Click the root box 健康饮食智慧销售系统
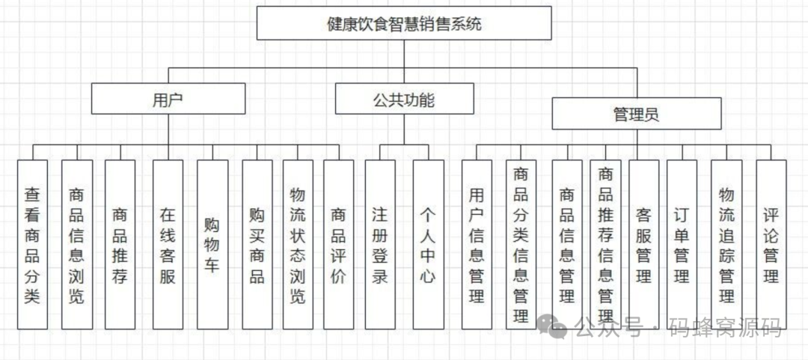click(x=404, y=23)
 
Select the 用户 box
click(x=168, y=98)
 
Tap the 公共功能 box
click(x=404, y=98)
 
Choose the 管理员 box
click(x=636, y=114)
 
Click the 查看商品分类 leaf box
click(x=31, y=245)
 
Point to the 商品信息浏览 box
click(x=76, y=245)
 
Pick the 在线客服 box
click(x=168, y=245)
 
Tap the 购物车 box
click(x=212, y=245)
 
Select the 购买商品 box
click(x=257, y=245)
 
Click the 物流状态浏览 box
click(x=298, y=245)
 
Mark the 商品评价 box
click(x=338, y=245)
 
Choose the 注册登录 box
click(x=380, y=245)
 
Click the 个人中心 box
click(x=427, y=245)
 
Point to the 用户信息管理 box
click(x=477, y=245)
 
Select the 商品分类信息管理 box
click(x=521, y=245)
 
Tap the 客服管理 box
click(x=643, y=245)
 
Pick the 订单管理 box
click(x=682, y=245)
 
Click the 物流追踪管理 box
click(x=726, y=245)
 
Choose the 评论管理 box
click(x=771, y=245)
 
